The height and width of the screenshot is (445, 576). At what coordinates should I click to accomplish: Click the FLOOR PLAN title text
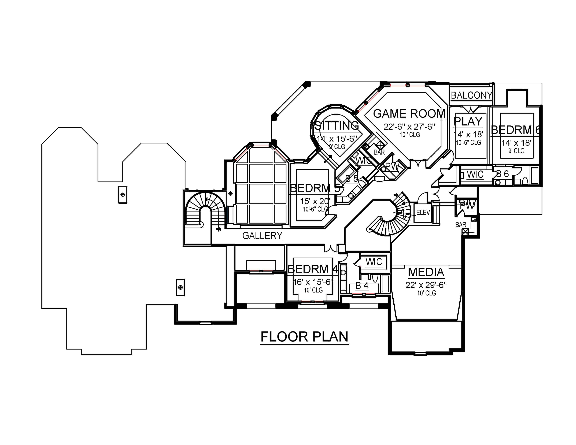[x=304, y=337]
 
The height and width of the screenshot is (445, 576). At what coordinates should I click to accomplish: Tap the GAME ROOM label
[x=409, y=114]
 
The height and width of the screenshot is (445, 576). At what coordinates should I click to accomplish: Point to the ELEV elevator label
[x=423, y=213]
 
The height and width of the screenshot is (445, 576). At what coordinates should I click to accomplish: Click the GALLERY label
[x=262, y=235]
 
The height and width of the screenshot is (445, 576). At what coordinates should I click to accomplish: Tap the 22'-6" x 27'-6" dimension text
[x=409, y=127]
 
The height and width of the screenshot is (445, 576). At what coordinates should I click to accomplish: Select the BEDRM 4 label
[x=313, y=269]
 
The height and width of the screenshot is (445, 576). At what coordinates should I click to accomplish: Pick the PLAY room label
[x=468, y=121]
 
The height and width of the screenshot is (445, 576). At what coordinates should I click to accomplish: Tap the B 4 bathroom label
[x=362, y=285]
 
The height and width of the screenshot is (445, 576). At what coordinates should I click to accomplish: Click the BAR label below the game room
[x=379, y=152]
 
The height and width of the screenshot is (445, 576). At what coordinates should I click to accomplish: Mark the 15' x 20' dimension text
[x=315, y=201]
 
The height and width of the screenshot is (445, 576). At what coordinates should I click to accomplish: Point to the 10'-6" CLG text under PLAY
[x=468, y=143]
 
